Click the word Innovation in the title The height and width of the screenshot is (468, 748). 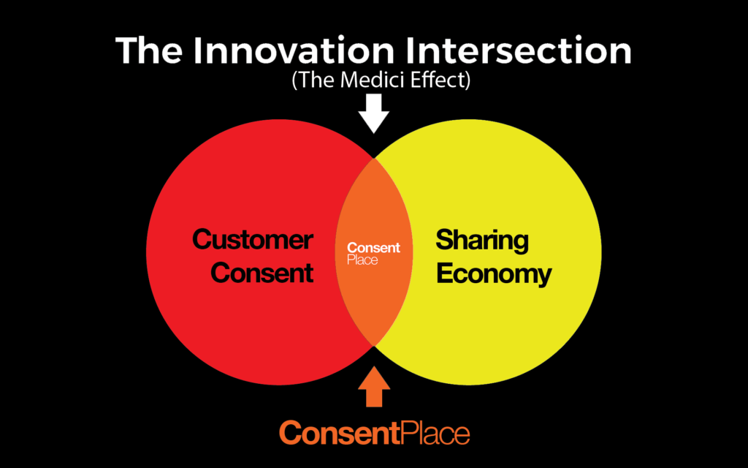coord(294,50)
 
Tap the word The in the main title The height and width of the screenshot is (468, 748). coord(149,50)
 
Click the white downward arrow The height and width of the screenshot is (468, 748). coord(374,113)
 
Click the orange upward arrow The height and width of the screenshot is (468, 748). coord(374,386)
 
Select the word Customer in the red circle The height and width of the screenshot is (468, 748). coord(253,239)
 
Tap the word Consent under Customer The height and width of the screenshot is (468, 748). coord(262,273)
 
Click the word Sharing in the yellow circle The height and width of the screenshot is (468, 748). coord(482,241)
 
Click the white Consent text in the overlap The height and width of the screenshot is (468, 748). coord(373,248)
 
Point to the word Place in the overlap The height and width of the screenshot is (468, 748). coord(362,260)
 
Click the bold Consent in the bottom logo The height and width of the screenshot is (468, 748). coord(339,433)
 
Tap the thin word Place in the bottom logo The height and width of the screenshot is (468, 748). coord(435,433)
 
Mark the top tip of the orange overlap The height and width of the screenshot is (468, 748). coord(374,158)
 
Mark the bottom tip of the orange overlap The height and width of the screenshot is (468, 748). coord(374,346)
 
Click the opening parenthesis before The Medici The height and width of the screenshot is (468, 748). coord(295,80)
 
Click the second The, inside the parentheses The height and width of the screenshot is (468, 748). coord(318,80)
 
